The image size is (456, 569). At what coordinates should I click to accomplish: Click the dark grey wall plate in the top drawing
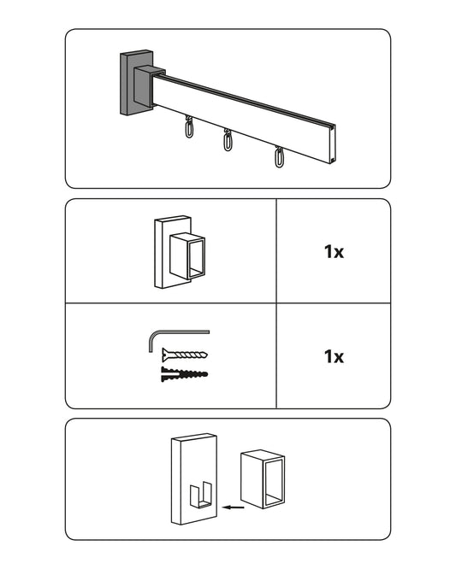[127, 84]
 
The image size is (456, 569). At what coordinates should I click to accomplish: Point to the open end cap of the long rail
[333, 144]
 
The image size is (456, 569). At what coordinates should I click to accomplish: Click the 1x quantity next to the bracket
[334, 251]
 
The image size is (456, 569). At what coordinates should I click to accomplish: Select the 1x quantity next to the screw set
[334, 356]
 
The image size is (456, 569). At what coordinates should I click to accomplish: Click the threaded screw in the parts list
[185, 355]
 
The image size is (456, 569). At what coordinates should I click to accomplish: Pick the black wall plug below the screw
[184, 373]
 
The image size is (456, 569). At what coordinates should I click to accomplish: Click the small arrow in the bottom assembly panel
[233, 507]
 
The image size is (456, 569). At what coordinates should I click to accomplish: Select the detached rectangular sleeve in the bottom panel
[263, 479]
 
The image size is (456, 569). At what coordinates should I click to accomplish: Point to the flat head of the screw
[164, 355]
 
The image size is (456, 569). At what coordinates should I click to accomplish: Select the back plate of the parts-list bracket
[163, 253]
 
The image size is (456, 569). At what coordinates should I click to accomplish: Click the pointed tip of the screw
[207, 354]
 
